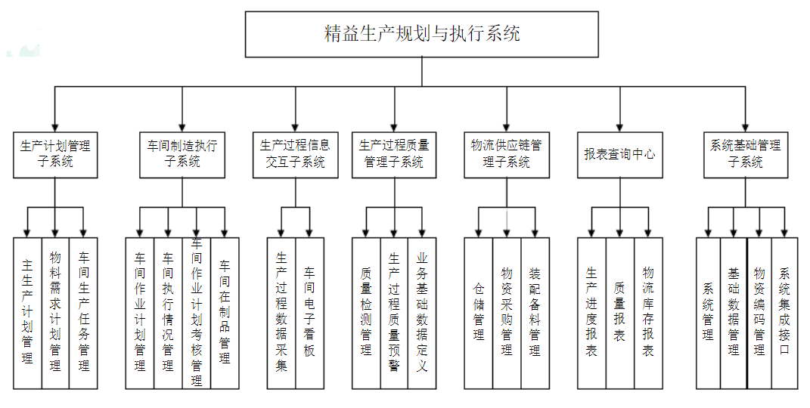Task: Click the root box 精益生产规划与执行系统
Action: [422, 34]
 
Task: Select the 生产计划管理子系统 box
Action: [55, 155]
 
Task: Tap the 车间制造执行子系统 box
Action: [182, 155]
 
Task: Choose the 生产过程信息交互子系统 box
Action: [295, 155]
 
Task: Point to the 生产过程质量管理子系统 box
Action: [394, 155]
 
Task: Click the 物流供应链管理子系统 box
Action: [506, 155]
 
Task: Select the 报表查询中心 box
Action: [620, 155]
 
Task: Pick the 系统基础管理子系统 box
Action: [745, 155]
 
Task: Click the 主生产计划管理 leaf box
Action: [27, 313]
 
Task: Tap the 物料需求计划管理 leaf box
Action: [55, 313]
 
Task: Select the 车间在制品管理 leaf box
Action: [225, 313]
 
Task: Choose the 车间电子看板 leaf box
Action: [309, 313]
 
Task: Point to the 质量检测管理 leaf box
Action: [366, 313]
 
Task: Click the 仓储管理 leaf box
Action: [478, 313]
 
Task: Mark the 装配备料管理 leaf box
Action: [535, 313]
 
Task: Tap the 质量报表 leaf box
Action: [619, 313]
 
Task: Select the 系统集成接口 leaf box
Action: [784, 313]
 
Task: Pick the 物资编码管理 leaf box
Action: [759, 313]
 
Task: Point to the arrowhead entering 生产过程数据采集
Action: [281, 233]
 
